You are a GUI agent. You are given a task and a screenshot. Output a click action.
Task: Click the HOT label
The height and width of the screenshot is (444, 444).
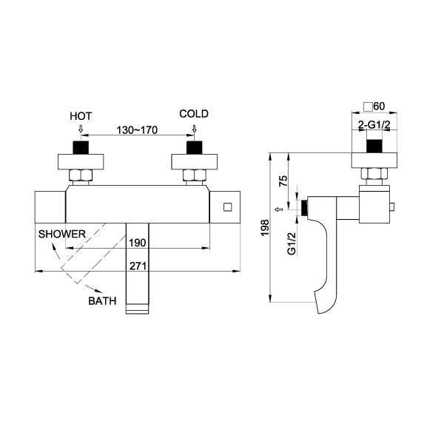[x=81, y=116]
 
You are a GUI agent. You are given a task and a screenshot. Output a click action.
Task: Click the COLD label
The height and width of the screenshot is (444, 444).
[x=194, y=114]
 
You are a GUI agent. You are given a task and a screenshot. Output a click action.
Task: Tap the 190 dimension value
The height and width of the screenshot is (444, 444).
[x=137, y=242]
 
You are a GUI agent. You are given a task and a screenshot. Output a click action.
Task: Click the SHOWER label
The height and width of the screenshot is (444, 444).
[x=64, y=234]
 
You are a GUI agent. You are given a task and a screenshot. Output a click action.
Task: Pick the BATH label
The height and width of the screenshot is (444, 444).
[x=102, y=301]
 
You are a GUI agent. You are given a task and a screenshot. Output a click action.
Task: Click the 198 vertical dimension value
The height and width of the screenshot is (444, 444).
[x=265, y=228]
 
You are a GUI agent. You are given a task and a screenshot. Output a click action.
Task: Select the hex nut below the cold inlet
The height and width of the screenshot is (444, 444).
[x=194, y=177]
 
